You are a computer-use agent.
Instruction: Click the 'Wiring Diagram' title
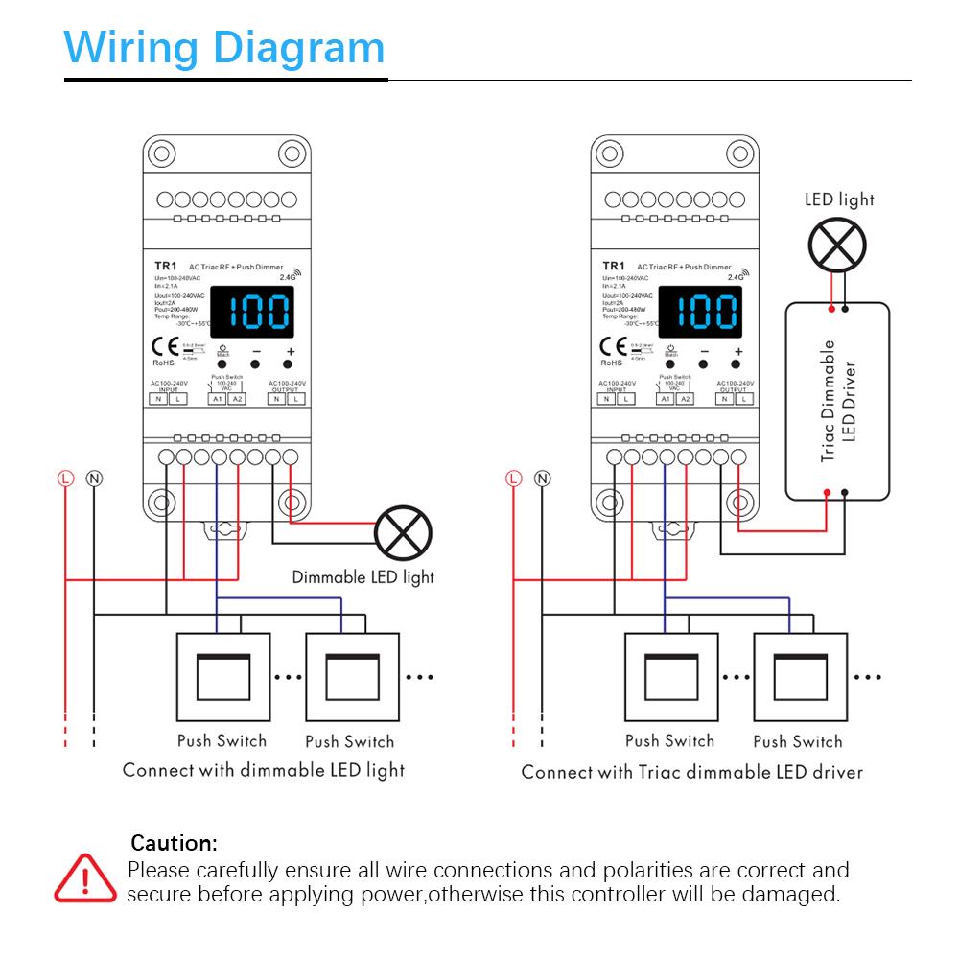[224, 48]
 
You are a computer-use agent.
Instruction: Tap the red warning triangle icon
[85, 877]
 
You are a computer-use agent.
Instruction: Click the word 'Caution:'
[175, 844]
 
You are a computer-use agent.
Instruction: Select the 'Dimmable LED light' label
[363, 577]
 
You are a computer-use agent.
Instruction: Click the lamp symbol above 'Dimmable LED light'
[403, 533]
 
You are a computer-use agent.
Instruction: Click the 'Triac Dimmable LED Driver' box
[837, 401]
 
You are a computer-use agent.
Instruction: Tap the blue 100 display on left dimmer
[252, 313]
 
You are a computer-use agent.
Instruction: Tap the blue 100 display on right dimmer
[700, 313]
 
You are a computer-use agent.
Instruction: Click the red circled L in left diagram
[65, 478]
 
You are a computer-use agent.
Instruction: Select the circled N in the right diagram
[542, 478]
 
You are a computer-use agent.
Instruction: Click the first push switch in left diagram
[222, 677]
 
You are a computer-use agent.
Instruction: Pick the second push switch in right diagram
[800, 677]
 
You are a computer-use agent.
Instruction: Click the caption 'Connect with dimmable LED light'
[264, 770]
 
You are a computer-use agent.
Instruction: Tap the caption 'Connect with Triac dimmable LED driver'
[691, 772]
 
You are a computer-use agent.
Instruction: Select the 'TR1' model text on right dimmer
[614, 266]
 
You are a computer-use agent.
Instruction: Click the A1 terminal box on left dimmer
[218, 399]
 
